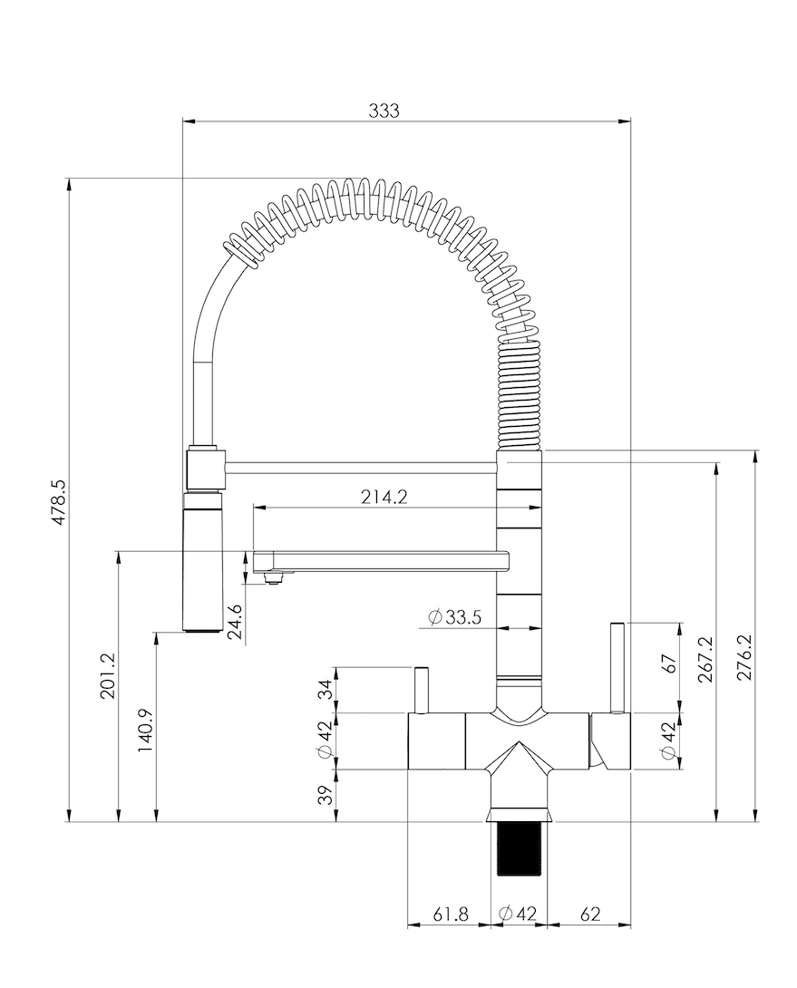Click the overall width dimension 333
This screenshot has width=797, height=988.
coord(384,111)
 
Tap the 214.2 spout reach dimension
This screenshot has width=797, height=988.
coord(385,497)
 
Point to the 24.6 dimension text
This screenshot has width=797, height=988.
coord(235,622)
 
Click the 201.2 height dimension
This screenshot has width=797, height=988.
coord(107,676)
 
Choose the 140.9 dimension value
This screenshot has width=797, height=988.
coord(145,731)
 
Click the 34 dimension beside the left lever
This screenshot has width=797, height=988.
coord(324,689)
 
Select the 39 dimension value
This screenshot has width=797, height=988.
coord(324,795)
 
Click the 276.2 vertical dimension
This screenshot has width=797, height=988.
coord(746,658)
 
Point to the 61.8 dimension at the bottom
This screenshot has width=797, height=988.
coord(450,914)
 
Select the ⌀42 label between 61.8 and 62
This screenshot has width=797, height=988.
coord(520,914)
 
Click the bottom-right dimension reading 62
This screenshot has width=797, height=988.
coord(589,914)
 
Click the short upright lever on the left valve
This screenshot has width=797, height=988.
coord(421,690)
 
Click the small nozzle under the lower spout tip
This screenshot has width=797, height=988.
coord(271,576)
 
